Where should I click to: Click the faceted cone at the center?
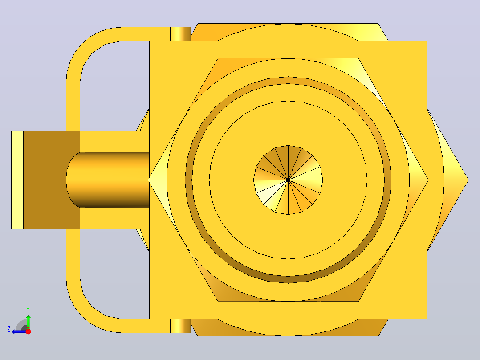(288, 180)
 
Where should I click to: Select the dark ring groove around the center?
(288, 280)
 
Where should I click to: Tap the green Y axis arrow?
(28, 322)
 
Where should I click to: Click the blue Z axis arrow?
(19, 331)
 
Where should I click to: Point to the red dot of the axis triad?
(28, 331)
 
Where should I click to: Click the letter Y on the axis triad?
(28, 310)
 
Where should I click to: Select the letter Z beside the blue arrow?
(9, 329)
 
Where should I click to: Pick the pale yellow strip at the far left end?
(17, 180)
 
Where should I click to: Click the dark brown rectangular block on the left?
(52, 180)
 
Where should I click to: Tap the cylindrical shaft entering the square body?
(108, 180)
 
